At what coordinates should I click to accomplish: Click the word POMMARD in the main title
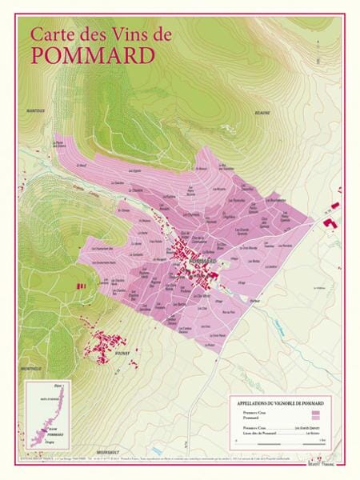[x=81, y=54]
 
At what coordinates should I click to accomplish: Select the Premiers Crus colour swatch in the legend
[x=314, y=411]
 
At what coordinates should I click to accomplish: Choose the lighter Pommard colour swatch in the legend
[x=314, y=418]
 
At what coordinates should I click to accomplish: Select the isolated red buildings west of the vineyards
[x=78, y=285]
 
